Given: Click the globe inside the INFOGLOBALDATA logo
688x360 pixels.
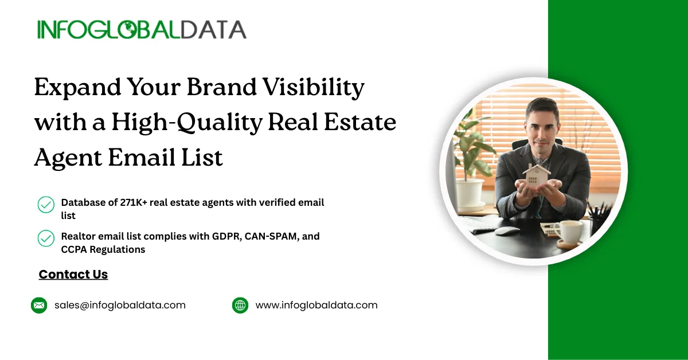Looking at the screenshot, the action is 128,30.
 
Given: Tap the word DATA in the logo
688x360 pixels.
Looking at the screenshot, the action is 213,30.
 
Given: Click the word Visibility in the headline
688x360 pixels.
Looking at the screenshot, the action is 314,88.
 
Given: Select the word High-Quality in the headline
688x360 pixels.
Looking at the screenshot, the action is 187,123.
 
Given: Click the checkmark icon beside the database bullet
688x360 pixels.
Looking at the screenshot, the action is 46,205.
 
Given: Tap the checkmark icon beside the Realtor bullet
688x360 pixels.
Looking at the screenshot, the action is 46,238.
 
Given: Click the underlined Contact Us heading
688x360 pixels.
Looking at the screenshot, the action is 73,275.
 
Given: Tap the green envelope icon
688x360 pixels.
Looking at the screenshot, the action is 39,306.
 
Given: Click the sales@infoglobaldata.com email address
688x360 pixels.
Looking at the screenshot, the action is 120,306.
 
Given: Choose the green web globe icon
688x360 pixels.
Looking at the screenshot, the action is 240,306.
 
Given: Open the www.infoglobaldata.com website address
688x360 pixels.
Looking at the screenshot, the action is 316,306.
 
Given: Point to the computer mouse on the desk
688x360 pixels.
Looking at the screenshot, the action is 507,230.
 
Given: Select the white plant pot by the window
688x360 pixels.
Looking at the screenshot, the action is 470,194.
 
